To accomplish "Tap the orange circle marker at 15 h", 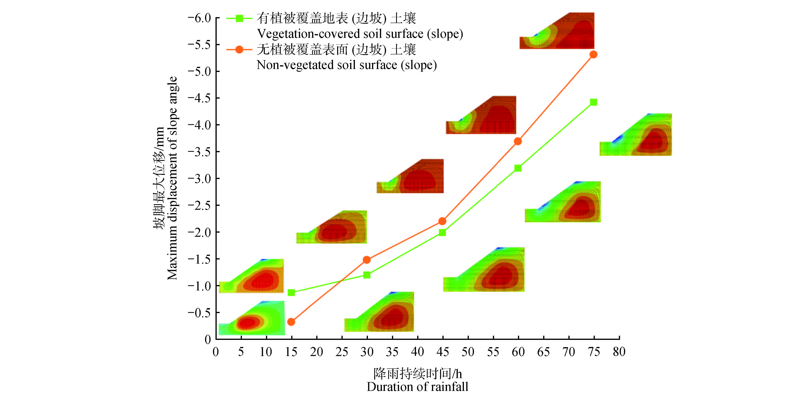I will pyautogui.click(x=291, y=322).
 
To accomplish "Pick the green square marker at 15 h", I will pyautogui.click(x=291, y=293).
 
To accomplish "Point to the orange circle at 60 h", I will pyautogui.click(x=518, y=141).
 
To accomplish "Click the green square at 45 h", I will pyautogui.click(x=442, y=232).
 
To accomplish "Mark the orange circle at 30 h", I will pyautogui.click(x=367, y=260).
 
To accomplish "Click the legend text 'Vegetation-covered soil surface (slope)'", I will pyautogui.click(x=360, y=34).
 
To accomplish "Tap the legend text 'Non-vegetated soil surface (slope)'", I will pyautogui.click(x=346, y=65).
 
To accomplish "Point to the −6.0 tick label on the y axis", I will pyautogui.click(x=200, y=18).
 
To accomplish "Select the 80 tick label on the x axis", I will pyautogui.click(x=619, y=352).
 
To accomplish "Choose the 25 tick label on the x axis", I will pyautogui.click(x=341, y=352).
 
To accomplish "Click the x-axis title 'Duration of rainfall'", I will pyautogui.click(x=417, y=387).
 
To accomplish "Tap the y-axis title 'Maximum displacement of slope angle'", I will pyautogui.click(x=172, y=178).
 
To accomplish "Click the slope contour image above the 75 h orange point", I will pyautogui.click(x=557, y=31).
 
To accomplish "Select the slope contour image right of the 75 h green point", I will pyautogui.click(x=636, y=134).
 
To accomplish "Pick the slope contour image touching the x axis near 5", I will pyautogui.click(x=252, y=318).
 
